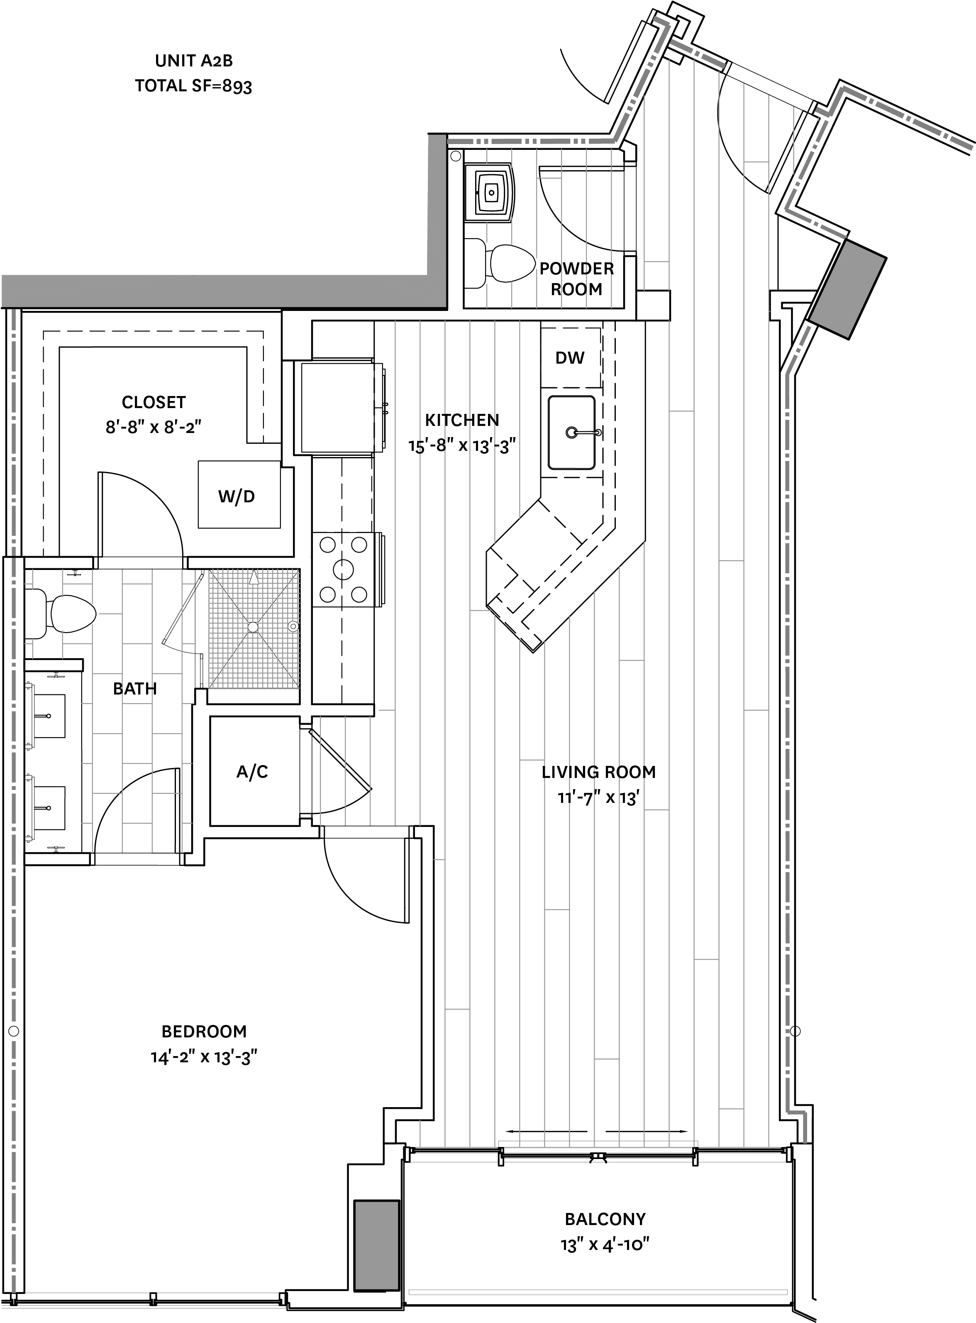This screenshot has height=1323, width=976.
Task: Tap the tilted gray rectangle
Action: (x=847, y=289)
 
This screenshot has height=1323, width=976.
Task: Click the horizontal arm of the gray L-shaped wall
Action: (x=219, y=291)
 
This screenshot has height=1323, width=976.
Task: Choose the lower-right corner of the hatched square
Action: (x=300, y=688)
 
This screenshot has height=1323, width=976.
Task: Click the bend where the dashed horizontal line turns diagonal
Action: (x=615, y=141)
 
